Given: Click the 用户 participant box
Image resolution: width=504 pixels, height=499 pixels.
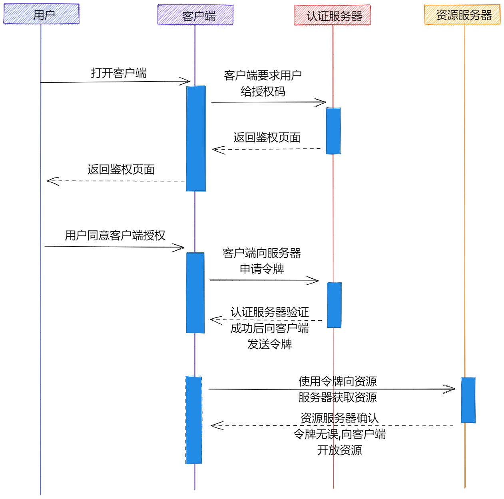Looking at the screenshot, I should tap(42, 14).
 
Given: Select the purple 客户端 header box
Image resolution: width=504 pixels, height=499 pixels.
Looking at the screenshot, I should tap(195, 15).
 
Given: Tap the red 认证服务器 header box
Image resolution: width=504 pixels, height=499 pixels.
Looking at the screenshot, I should tap(333, 16).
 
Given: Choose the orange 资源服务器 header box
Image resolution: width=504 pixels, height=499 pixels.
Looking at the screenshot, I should tap(462, 15).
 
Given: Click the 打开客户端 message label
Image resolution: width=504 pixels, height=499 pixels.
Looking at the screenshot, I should tap(119, 73).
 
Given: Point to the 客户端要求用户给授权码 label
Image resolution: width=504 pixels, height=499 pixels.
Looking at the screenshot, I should tap(263, 83).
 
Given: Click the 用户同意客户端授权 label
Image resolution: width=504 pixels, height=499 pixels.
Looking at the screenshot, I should tap(115, 236).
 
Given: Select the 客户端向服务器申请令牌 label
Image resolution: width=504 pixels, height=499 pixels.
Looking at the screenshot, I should tap(262, 261).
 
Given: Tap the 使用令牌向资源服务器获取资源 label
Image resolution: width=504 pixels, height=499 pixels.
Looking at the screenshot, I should tap(338, 389).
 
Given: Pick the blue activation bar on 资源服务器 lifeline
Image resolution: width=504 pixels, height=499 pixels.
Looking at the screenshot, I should tap(468, 400).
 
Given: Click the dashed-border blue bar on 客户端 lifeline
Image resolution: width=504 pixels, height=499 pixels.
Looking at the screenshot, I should tap(194, 420).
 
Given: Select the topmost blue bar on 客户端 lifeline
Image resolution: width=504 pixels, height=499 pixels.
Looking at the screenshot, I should tap(196, 138).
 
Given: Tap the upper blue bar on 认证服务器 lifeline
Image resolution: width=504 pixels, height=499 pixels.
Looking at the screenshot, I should tap(333, 131).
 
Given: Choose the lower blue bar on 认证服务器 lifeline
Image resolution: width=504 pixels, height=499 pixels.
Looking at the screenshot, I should tap(334, 305).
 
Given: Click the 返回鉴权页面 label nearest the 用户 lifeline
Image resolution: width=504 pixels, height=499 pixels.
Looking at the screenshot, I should tap(121, 170).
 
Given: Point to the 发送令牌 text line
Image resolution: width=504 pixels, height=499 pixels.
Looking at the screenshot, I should tap(270, 344).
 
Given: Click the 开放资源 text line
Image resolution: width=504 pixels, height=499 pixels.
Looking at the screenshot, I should tap(339, 450).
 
